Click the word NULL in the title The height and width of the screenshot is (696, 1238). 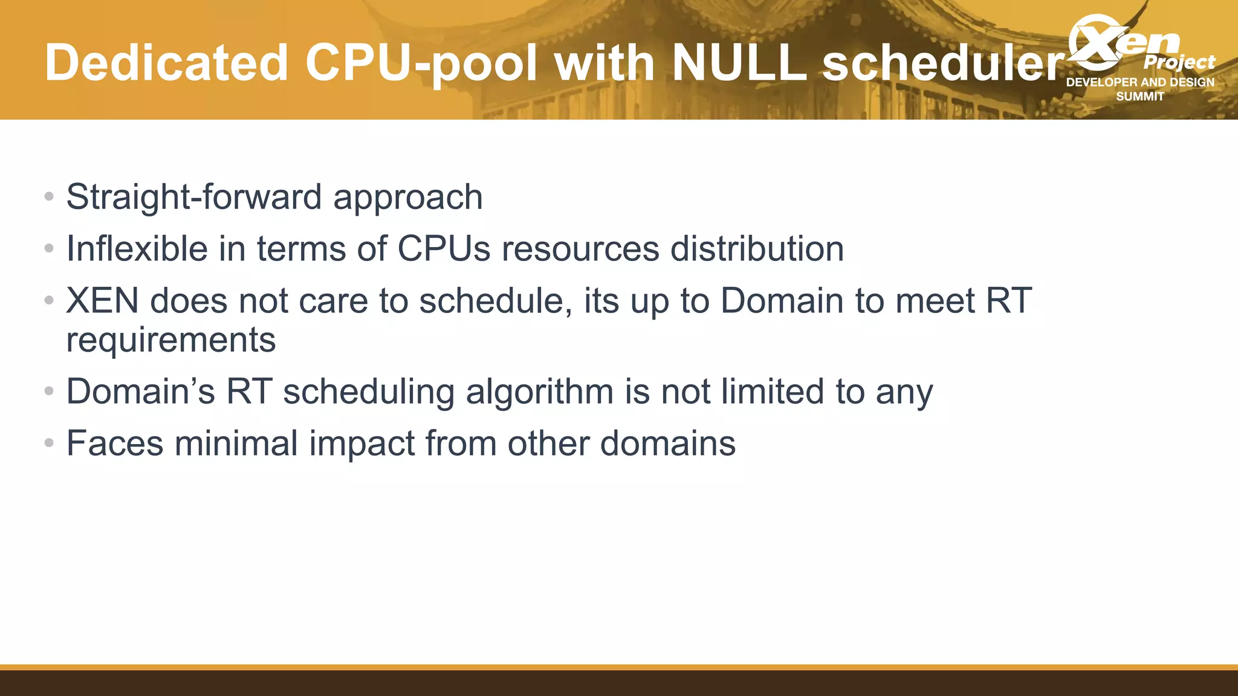739,63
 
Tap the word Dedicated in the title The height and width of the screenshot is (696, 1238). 166,63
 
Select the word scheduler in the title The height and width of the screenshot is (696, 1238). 943,63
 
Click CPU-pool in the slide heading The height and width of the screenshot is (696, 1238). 421,63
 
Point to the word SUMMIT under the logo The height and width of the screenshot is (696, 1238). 1139,97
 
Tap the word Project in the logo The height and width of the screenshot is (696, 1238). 1179,62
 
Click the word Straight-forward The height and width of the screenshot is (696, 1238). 193,197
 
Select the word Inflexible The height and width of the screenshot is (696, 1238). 137,249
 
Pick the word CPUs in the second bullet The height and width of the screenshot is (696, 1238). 444,249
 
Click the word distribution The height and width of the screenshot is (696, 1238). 757,249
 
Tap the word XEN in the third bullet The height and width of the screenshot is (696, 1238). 102,301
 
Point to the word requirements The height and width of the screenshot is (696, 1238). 170,340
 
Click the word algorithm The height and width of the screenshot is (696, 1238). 539,391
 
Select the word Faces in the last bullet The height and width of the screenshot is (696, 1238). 115,443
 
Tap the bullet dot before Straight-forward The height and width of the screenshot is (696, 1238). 50,197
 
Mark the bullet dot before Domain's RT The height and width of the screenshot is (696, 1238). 50,391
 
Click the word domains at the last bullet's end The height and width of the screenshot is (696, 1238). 667,443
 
